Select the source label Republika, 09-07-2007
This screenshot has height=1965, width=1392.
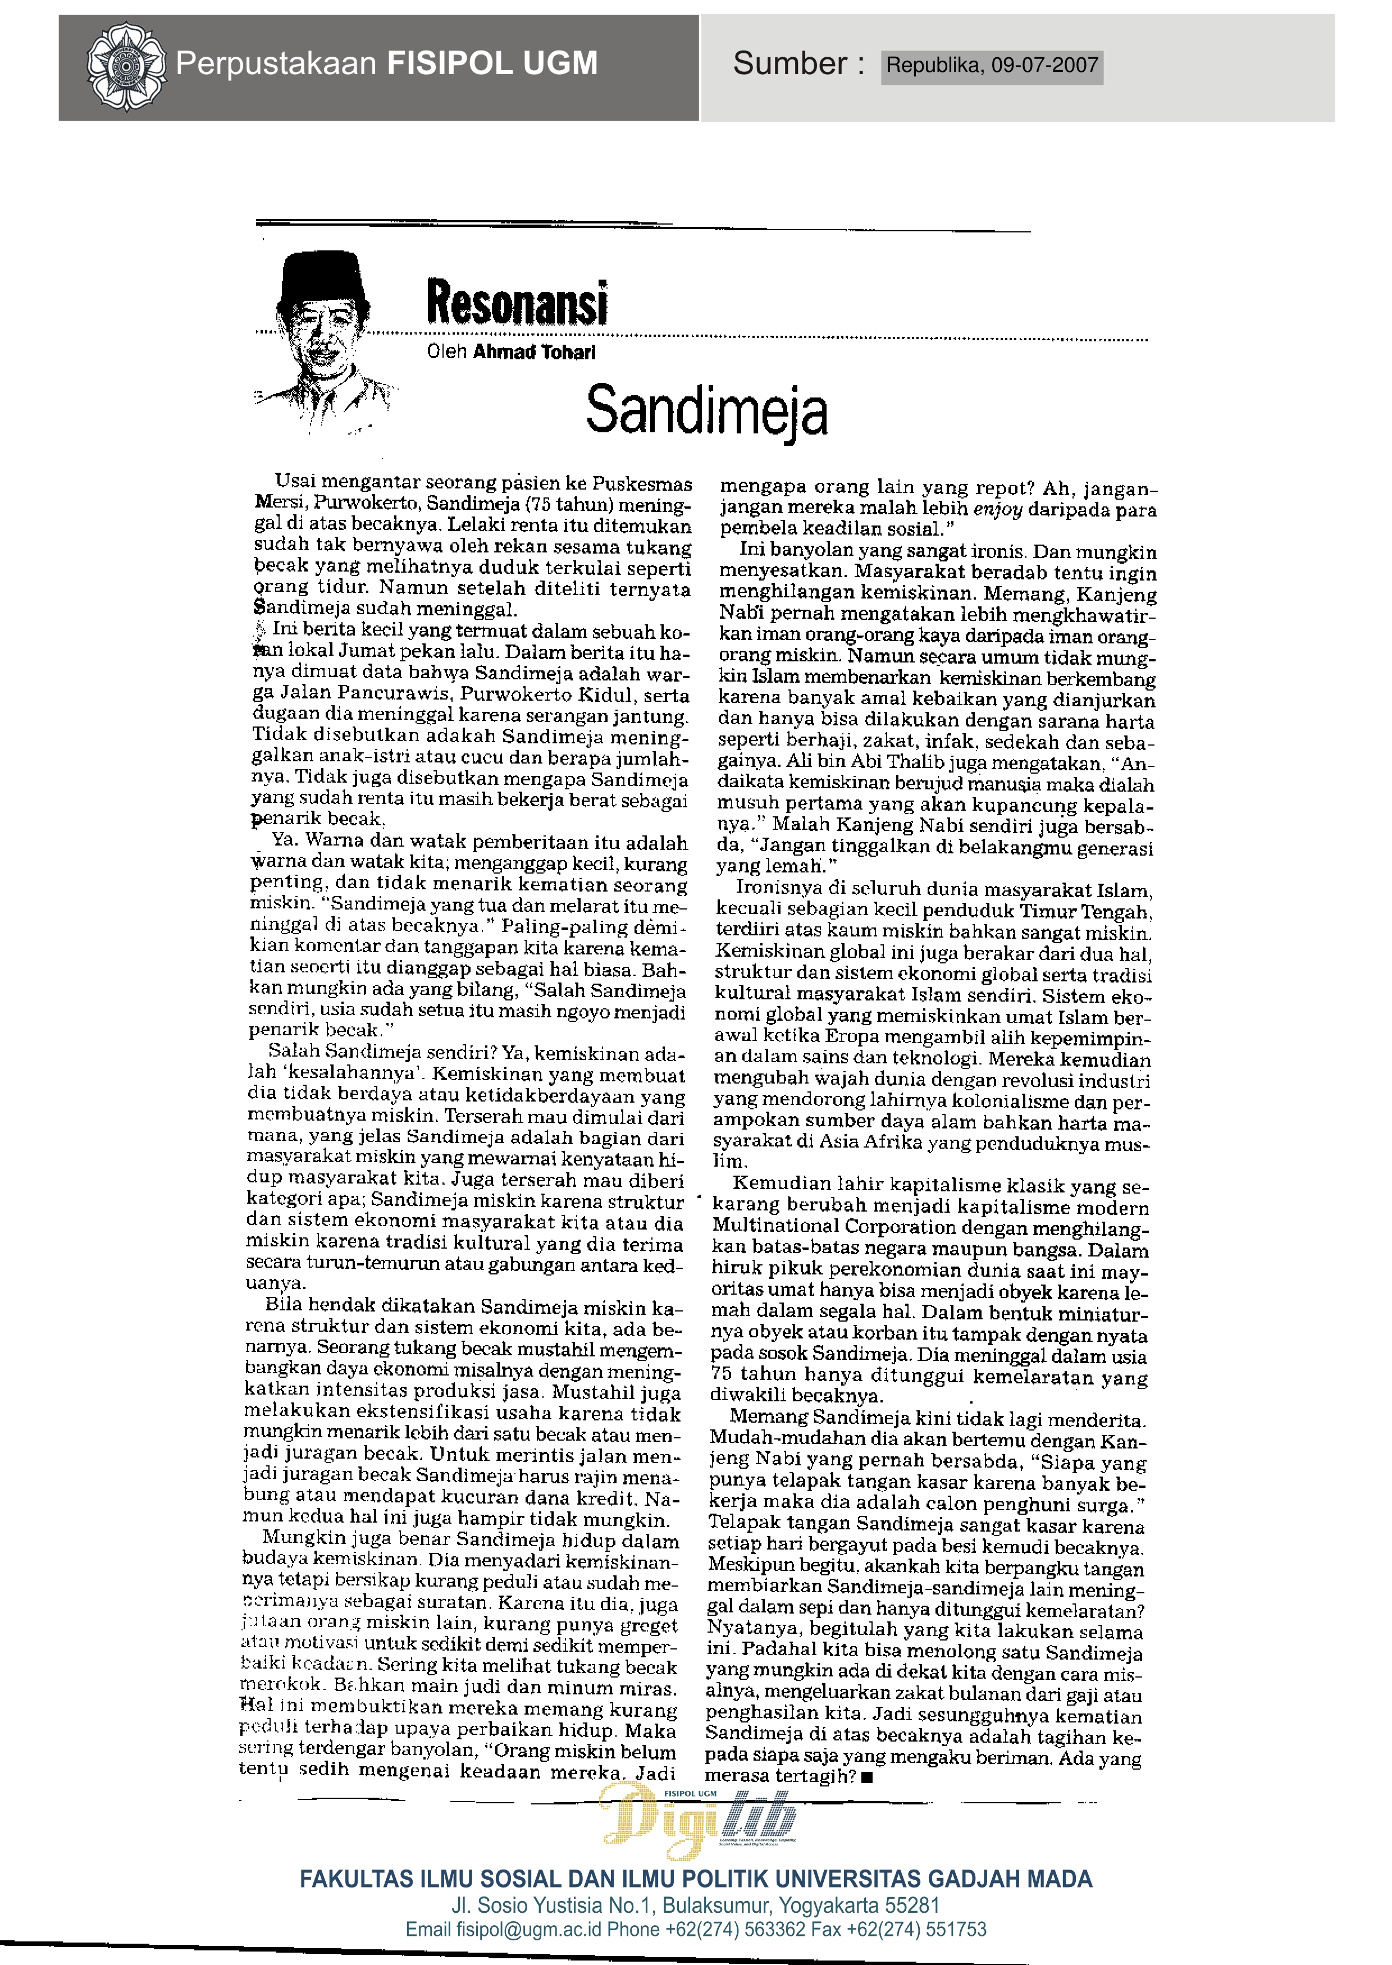click(992, 66)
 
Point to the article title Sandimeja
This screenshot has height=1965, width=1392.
click(706, 412)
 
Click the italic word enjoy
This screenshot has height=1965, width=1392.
click(998, 511)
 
